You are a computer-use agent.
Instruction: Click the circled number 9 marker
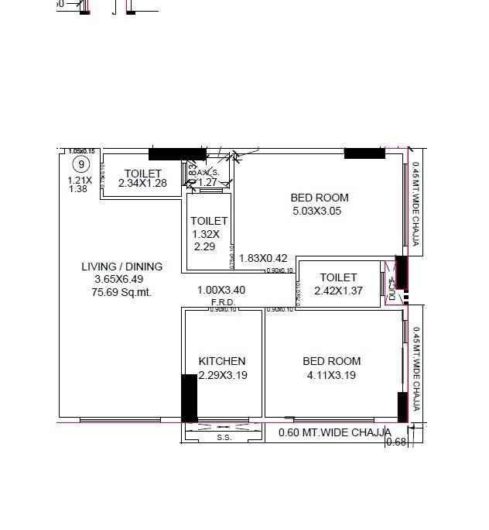pos(79,163)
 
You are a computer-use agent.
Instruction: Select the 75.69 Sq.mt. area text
pos(121,292)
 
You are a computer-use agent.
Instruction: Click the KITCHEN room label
pos(222,361)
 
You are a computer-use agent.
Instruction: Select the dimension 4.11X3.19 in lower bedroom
pos(331,376)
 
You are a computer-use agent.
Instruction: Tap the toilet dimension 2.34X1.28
pos(143,184)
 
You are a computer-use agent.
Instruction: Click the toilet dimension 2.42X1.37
pos(338,291)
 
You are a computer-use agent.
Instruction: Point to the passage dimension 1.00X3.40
pos(221,291)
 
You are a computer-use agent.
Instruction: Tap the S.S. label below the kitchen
pos(224,438)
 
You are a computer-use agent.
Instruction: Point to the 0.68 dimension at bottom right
pos(395,442)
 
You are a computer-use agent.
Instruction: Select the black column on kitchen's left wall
pos(189,397)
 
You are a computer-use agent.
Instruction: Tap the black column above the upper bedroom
pos(364,153)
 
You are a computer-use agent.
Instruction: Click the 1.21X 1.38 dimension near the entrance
pos(80,184)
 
